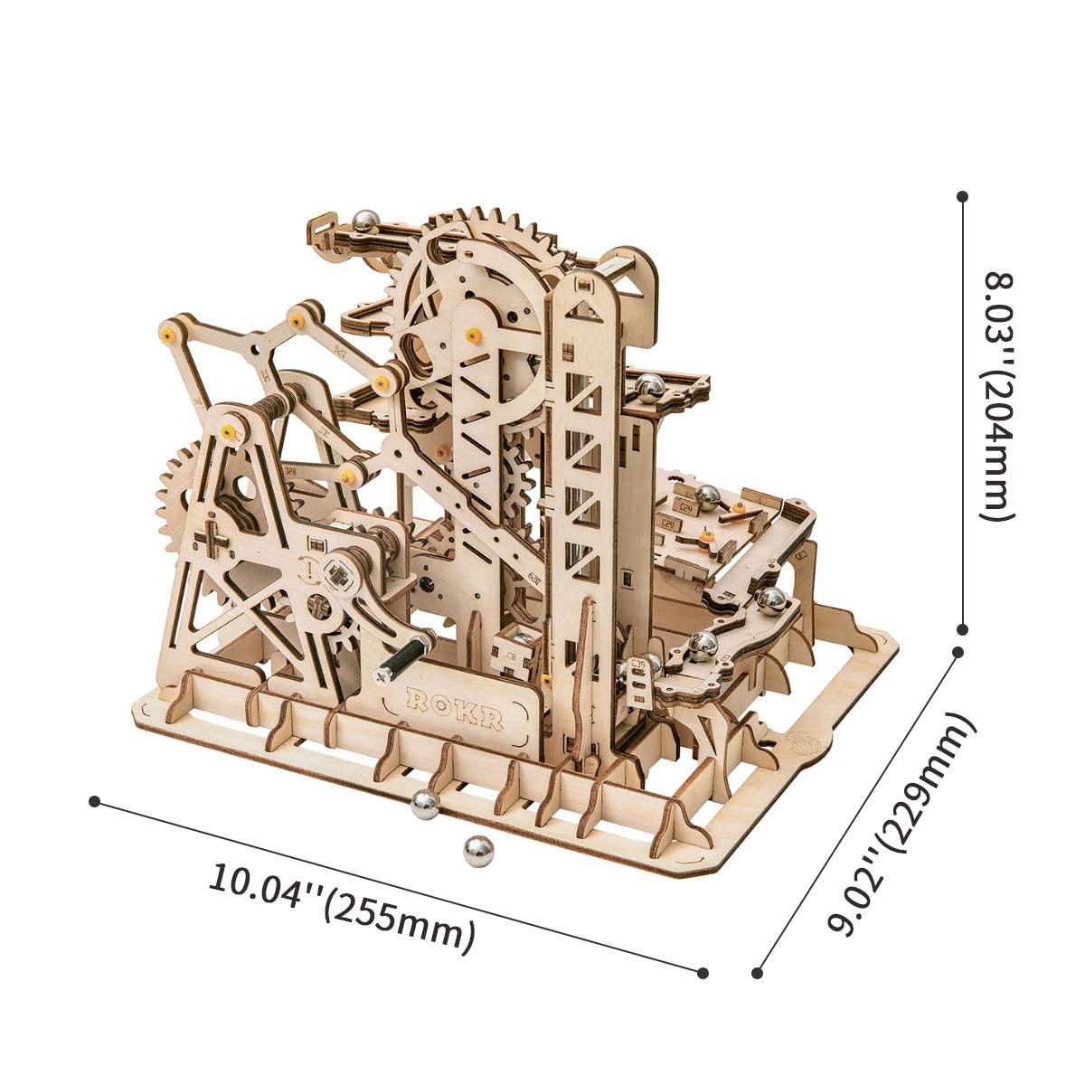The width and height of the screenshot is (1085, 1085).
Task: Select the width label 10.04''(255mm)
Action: (342, 905)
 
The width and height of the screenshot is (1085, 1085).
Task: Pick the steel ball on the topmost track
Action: (366, 221)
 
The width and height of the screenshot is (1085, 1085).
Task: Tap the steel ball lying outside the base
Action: (478, 851)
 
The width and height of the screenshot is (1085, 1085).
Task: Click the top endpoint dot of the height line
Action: (963, 195)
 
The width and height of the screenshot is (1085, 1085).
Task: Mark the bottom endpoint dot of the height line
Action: (963, 628)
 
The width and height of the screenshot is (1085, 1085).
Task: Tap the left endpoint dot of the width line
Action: (94, 801)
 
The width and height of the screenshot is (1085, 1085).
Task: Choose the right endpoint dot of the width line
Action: (703, 972)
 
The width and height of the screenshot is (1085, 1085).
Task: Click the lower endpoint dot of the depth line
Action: (758, 973)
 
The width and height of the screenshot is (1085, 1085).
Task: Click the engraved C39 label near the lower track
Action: (640, 665)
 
